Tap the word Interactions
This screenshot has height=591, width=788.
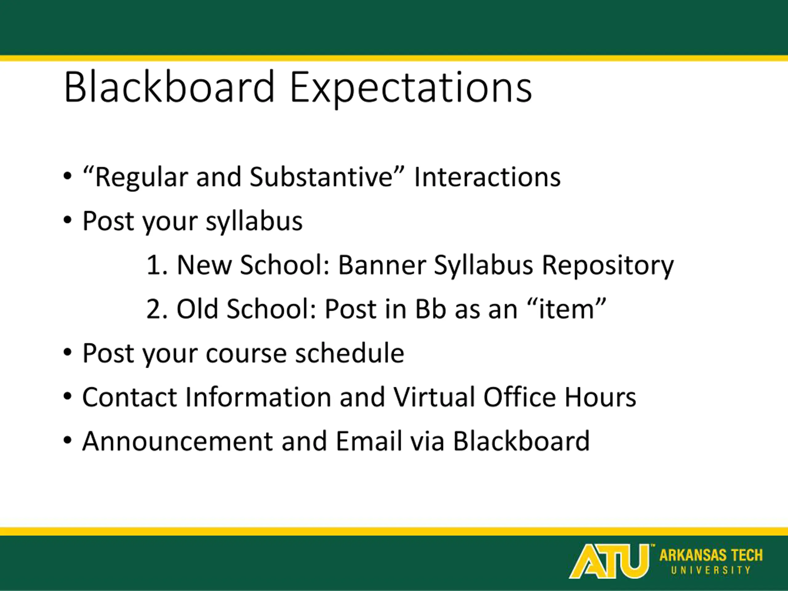487,177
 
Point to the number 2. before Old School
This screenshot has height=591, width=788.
157,308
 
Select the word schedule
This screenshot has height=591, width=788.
349,353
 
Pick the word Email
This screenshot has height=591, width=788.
369,441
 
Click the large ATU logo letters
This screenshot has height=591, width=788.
609,561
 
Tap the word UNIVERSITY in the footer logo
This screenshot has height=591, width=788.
711,570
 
